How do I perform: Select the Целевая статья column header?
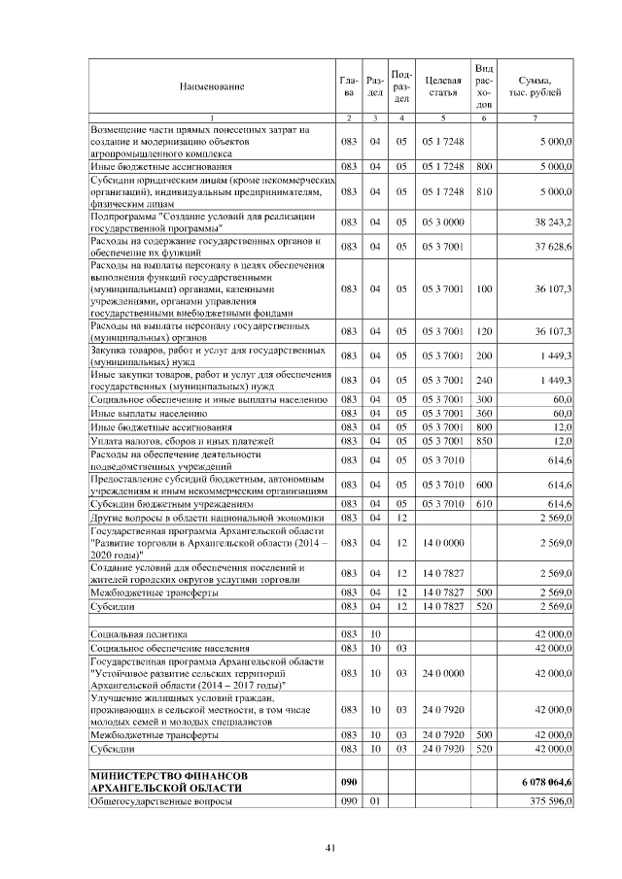coord(442,86)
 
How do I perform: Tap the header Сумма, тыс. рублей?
coord(536,86)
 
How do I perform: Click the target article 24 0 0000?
coord(442,672)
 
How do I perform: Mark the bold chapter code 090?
coord(350,782)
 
